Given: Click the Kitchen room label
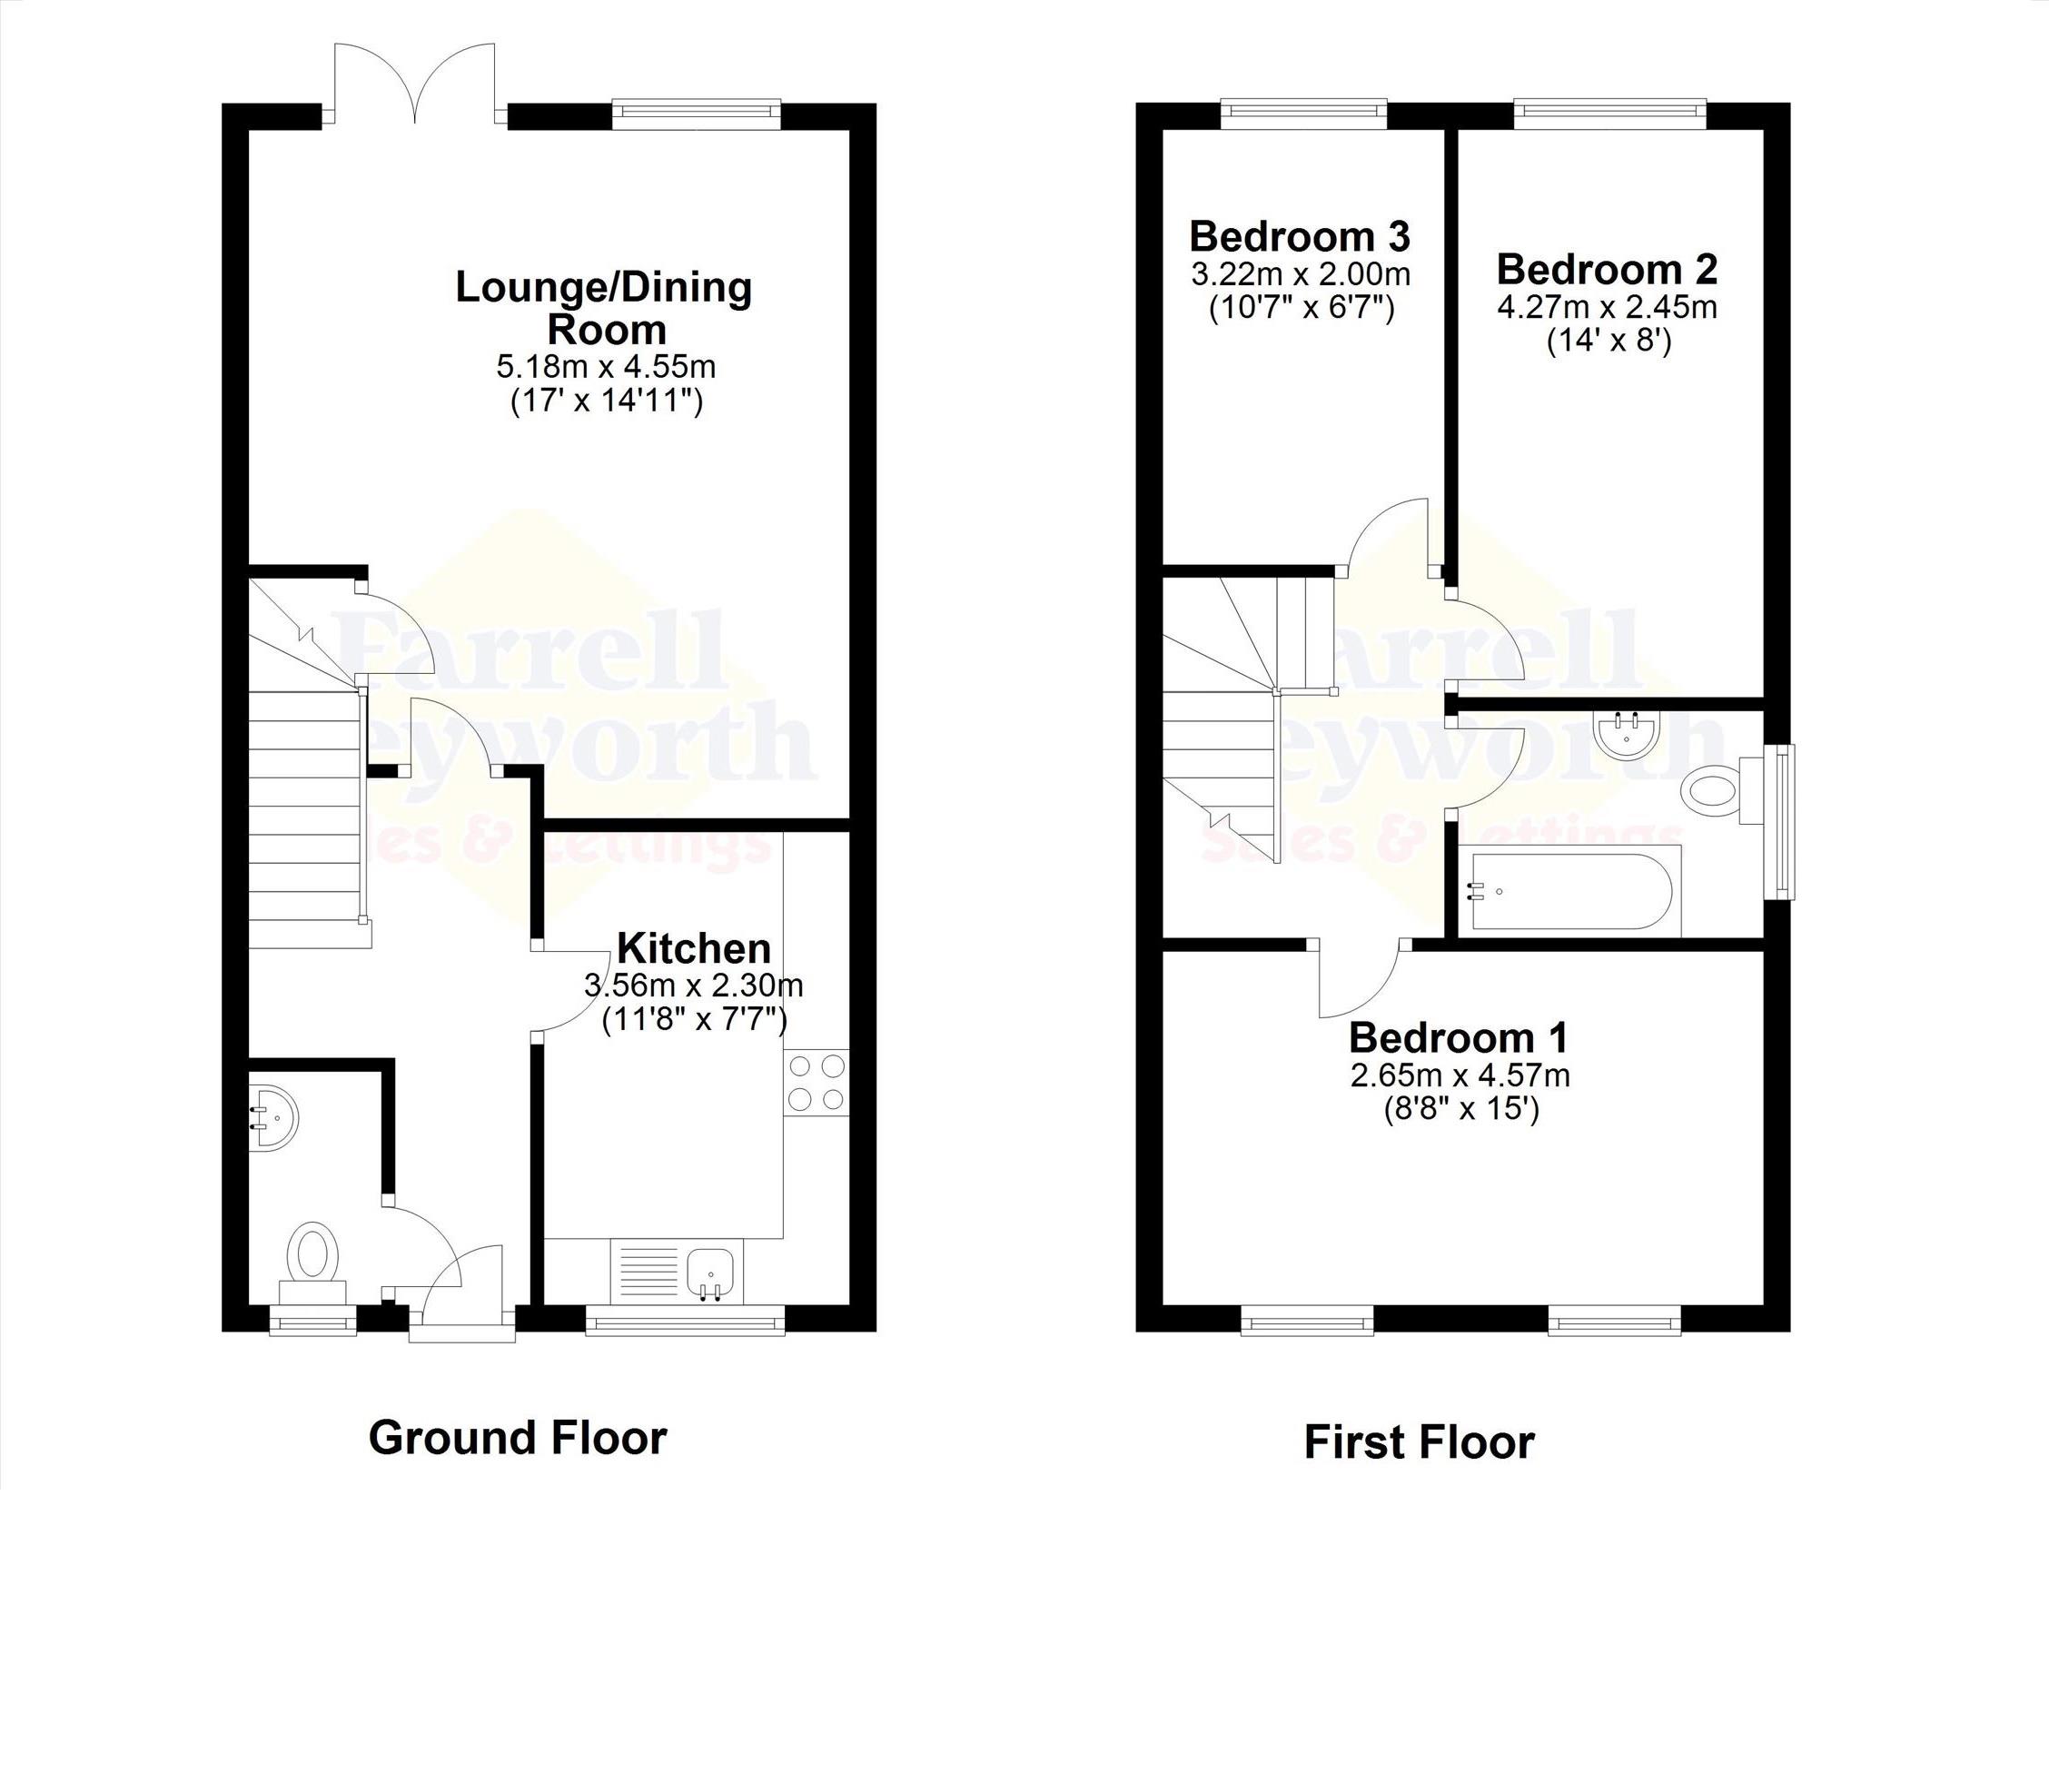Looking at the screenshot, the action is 694,948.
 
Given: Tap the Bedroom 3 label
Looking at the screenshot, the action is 1300,236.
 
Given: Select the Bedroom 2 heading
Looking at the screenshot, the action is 1607,269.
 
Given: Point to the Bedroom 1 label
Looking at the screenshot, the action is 1459,1038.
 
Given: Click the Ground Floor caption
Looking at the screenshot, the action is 518,1437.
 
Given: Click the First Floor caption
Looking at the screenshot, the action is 1419,1441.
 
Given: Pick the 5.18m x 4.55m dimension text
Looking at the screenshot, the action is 606,367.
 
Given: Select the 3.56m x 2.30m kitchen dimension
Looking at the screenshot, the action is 694,986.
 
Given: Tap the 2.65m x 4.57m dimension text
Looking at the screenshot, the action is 1460,1075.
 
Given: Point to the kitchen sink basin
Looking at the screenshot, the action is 710,1272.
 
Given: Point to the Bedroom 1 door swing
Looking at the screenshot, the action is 1360,979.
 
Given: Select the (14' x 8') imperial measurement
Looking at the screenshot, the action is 1608,342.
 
